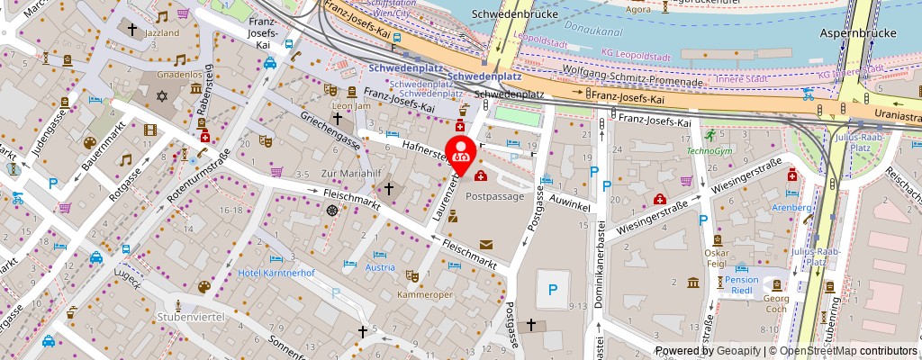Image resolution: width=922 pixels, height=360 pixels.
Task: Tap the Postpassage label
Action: click(494, 195)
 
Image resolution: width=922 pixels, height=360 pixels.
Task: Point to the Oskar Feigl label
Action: click(716, 257)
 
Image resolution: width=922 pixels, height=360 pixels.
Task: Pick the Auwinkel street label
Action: click(569, 206)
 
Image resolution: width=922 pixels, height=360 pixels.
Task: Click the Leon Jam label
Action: click(352, 106)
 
